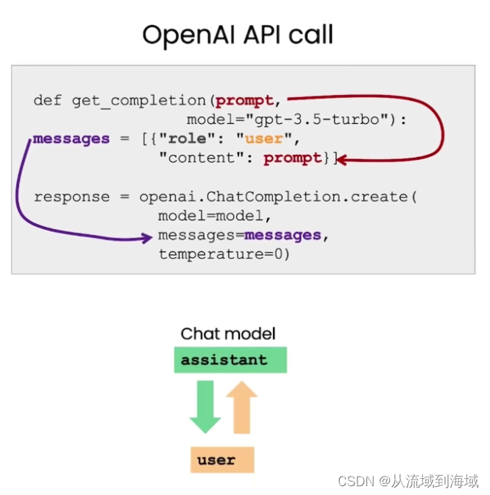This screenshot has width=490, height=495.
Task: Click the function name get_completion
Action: pos(138,100)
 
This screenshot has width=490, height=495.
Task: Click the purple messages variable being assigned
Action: pos(71,138)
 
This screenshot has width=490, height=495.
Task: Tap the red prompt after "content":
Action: pos(292,158)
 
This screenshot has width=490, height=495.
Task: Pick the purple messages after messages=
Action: pos(283,235)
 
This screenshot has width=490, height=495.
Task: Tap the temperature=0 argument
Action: pos(224,254)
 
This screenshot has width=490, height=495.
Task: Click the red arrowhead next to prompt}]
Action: pos(343,158)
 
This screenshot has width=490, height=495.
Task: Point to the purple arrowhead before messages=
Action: pos(147,237)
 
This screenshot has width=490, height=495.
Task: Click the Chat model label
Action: pos(228,334)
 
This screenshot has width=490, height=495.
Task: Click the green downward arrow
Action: pos(205,408)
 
